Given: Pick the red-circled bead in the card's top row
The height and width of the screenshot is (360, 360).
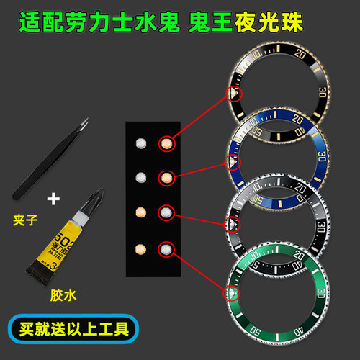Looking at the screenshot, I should (x=167, y=143).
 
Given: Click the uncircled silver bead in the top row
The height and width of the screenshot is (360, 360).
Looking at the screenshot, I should (x=141, y=143).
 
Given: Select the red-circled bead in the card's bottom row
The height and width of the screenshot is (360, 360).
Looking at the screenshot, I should (x=167, y=249).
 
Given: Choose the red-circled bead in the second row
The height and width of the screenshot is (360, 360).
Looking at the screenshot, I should (x=166, y=176).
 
